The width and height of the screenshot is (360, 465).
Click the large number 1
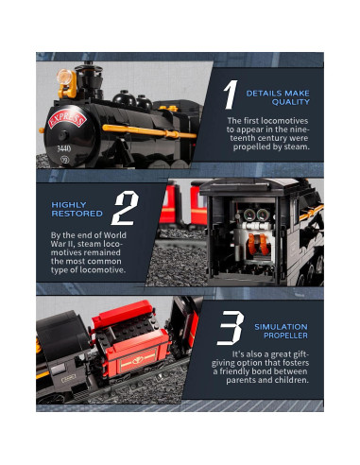click(231, 95)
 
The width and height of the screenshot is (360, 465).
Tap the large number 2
click(126, 208)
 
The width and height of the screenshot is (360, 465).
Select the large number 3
click(231, 328)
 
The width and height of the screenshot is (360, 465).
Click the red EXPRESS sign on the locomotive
click(67, 119)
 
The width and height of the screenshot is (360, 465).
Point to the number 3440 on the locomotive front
click(63, 148)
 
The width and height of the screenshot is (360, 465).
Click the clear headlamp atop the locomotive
click(64, 77)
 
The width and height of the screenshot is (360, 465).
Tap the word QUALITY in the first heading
click(291, 102)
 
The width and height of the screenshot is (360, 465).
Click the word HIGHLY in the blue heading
click(69, 205)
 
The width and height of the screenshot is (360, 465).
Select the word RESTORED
click(77, 214)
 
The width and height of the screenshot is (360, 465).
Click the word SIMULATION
click(281, 327)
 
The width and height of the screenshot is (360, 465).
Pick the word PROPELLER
click(285, 336)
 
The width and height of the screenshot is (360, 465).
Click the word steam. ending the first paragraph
click(297, 146)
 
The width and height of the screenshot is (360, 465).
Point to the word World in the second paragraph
click(114, 235)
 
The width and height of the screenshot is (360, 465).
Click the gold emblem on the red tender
click(138, 360)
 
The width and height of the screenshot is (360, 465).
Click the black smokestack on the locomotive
click(89, 78)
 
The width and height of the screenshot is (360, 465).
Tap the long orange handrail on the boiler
click(149, 131)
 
